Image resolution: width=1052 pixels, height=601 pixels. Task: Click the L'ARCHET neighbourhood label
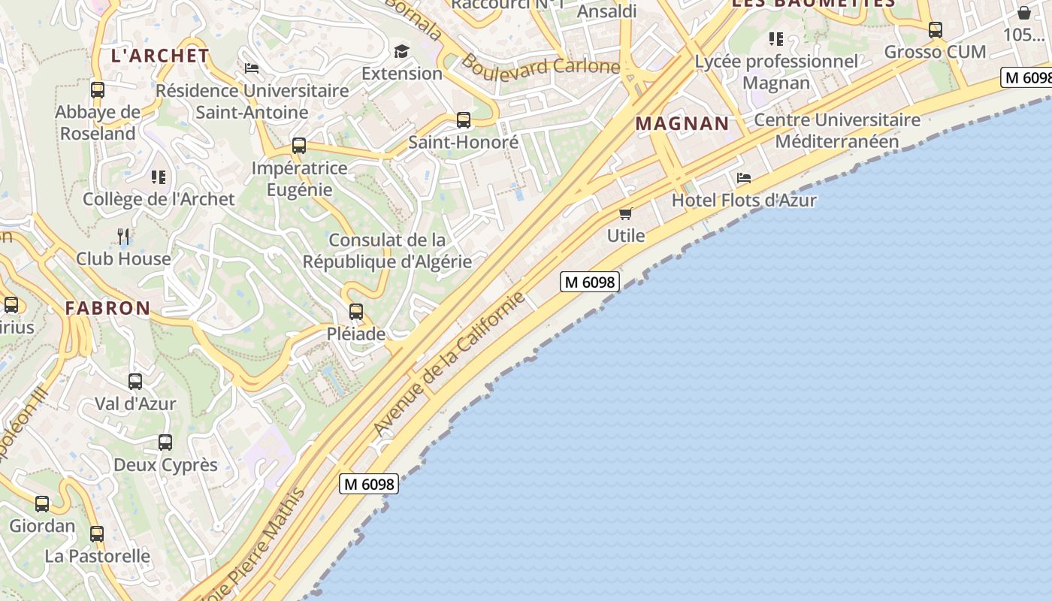click(160, 56)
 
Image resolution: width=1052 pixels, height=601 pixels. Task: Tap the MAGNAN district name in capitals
click(682, 123)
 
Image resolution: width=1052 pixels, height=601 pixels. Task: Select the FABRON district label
click(107, 308)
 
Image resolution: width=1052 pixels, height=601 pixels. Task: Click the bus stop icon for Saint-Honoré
click(464, 120)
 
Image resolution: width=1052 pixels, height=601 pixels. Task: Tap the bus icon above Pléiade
click(356, 311)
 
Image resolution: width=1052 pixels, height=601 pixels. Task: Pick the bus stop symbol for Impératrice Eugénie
click(299, 146)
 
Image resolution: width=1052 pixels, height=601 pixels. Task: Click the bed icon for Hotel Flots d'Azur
click(744, 178)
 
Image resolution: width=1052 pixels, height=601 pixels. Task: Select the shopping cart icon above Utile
click(626, 213)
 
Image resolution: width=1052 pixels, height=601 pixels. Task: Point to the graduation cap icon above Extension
click(402, 51)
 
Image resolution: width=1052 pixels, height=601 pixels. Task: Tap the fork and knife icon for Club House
click(124, 237)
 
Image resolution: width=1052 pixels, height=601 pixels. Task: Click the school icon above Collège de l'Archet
click(159, 177)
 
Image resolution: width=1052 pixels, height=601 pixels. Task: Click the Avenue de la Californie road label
click(449, 363)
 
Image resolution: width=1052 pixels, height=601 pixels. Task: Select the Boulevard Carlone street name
click(540, 66)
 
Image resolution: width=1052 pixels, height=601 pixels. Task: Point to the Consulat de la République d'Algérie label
click(387, 251)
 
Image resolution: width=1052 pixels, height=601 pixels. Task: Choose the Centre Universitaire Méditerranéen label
click(837, 131)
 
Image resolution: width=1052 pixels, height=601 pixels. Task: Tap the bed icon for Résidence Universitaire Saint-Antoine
click(252, 68)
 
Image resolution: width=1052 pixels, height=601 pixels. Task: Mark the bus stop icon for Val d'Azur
click(135, 382)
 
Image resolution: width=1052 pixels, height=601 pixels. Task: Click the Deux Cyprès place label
click(165, 465)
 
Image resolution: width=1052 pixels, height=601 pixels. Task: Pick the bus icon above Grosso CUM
click(936, 30)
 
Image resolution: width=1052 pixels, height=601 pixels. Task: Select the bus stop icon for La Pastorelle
click(97, 534)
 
